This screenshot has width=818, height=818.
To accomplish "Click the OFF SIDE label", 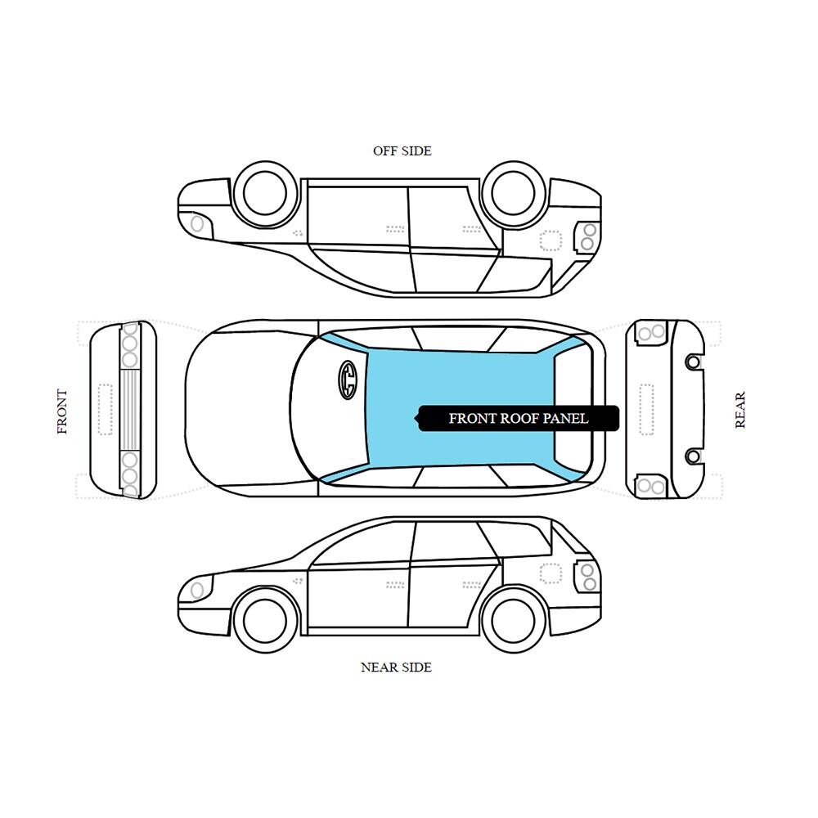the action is (x=402, y=151).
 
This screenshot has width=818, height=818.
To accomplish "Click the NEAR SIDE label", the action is (x=397, y=667).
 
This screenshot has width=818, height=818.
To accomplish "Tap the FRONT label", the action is (x=62, y=411).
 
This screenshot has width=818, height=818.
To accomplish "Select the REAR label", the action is (x=739, y=410).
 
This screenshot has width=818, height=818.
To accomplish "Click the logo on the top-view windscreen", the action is (x=348, y=380).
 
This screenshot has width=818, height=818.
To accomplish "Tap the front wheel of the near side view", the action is (x=265, y=621).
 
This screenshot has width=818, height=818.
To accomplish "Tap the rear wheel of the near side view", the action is (x=514, y=621).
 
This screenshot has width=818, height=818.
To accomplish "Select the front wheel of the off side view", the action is (x=265, y=193).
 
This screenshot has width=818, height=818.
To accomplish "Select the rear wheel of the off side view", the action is (x=514, y=193).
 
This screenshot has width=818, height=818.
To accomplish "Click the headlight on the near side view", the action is (x=196, y=590).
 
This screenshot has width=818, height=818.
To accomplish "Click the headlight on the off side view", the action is (x=196, y=224).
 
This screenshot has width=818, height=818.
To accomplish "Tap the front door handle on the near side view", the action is (x=395, y=586).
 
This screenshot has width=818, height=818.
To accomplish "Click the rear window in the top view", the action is (x=573, y=408).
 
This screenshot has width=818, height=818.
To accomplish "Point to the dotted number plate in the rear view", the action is (x=646, y=410).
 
